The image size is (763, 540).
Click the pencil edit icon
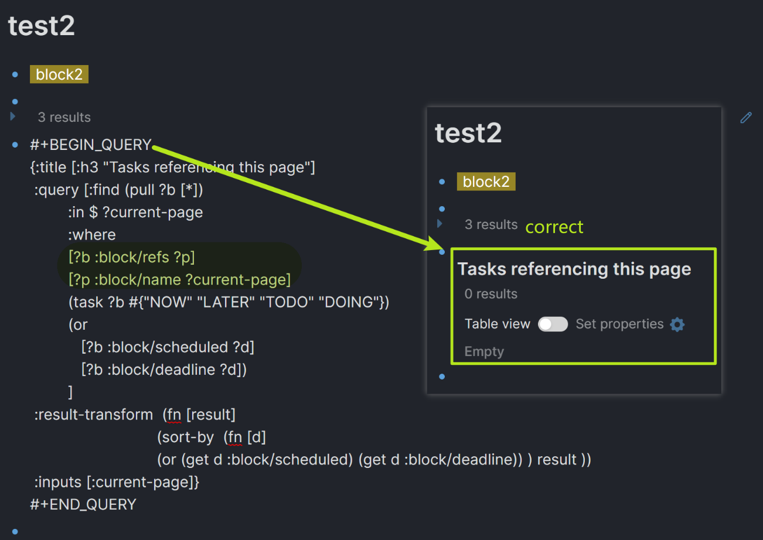pyautogui.click(x=745, y=118)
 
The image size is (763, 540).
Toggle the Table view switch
pyautogui.click(x=553, y=324)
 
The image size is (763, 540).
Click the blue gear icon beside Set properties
pyautogui.click(x=677, y=324)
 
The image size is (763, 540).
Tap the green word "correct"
pyautogui.click(x=554, y=227)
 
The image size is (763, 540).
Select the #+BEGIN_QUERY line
pyautogui.click(x=91, y=145)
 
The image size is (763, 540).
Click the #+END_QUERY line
pyautogui.click(x=83, y=504)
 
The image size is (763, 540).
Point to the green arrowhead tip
pyautogui.click(x=432, y=245)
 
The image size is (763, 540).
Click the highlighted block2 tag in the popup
pyautogui.click(x=486, y=182)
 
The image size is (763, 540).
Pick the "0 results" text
pyautogui.click(x=491, y=294)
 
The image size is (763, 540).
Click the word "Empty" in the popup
pyautogui.click(x=483, y=351)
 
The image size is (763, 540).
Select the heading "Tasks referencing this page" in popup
pyautogui.click(x=574, y=269)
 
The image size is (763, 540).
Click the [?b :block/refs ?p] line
pyautogui.click(x=132, y=257)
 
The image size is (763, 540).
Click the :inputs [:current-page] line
pyautogui.click(x=117, y=482)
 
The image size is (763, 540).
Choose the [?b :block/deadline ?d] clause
pyautogui.click(x=163, y=370)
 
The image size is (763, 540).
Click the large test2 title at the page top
pyautogui.click(x=41, y=26)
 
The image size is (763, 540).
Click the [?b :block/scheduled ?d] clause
pyautogui.click(x=168, y=347)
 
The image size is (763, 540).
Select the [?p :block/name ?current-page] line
pyautogui.click(x=179, y=280)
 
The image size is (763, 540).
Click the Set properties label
pyautogui.click(x=619, y=324)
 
